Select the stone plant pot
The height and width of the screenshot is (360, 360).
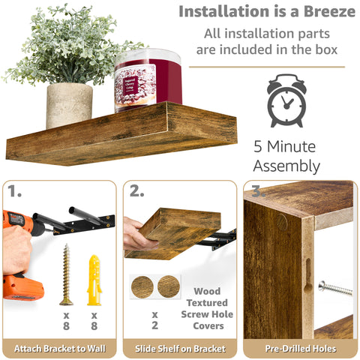coord(69,104)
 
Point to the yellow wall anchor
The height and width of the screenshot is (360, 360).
coord(94,280)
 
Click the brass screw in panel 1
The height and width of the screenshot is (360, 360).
coord(66,274)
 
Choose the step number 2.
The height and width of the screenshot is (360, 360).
coord(136,191)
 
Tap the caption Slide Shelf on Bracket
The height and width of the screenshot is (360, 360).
coord(180,348)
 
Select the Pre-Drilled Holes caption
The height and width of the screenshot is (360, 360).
coord(300,348)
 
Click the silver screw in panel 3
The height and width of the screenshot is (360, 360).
coord(334,288)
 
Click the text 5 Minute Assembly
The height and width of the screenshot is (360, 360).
coord(286,155)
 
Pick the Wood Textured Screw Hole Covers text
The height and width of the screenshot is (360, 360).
coord(208,308)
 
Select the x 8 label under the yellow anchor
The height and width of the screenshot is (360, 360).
coord(94,320)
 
